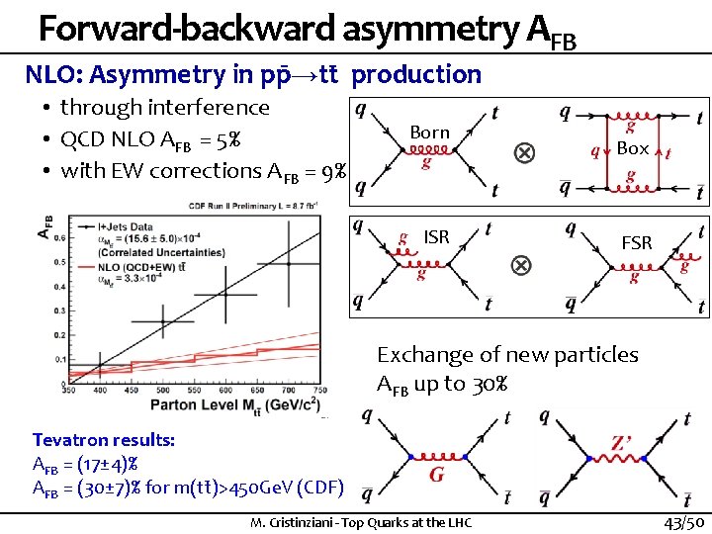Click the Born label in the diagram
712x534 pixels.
(429, 133)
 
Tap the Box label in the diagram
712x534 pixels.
(633, 147)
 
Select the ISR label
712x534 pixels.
(436, 236)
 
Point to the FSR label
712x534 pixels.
(636, 242)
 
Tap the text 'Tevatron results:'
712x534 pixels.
(104, 440)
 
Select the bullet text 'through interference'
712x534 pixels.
(164, 107)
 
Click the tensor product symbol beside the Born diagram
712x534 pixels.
(523, 153)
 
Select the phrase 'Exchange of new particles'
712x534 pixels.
(507, 354)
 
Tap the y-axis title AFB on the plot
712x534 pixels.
(44, 228)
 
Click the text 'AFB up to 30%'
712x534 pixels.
(443, 384)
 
